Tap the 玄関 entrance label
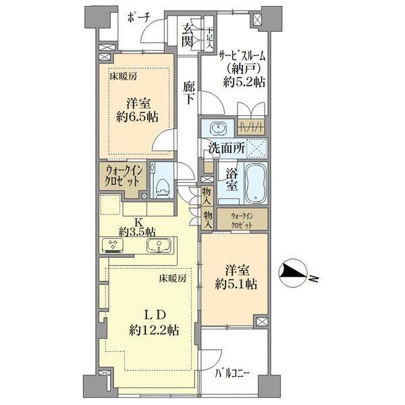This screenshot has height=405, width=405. pos(188,35)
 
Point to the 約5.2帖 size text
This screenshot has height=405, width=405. pos(244,82)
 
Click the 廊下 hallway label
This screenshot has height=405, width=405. pos(189,92)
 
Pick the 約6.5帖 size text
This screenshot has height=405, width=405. pos(137,117)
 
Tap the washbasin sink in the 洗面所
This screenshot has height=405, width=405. pos(218,128)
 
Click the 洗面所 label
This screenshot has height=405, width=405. pos(227,148)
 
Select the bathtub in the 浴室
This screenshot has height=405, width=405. pos(256,184)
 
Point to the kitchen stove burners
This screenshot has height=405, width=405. pos(112,245)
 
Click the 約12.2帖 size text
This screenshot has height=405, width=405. pos(154,330)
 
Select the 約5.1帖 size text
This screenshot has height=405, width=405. pos(236,284)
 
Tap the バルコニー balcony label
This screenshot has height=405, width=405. pos(232,373)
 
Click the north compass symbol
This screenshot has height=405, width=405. pos(294,275)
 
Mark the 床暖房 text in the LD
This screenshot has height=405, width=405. pos(172,278)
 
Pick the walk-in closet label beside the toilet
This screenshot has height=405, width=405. pos(124,176)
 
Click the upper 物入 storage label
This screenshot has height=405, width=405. pos(207,195)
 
